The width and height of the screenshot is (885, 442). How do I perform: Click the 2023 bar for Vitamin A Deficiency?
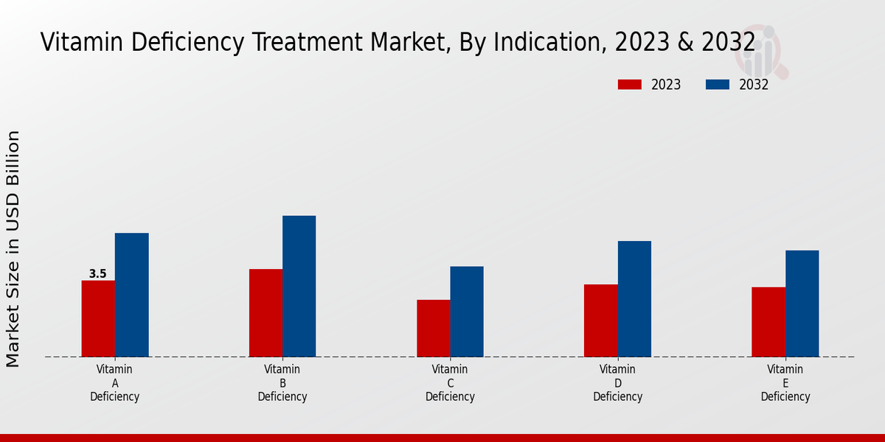tap(98, 318)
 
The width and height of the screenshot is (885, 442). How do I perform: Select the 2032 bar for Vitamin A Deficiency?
tap(131, 295)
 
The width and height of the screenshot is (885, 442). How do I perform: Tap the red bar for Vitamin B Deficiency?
tap(265, 312)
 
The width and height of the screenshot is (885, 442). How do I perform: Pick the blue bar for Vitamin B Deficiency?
tap(299, 286)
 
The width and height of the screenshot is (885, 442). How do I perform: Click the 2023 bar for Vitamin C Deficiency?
tap(433, 328)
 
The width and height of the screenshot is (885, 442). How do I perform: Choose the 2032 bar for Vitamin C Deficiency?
tap(467, 311)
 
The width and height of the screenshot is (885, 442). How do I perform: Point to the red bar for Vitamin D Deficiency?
tap(600, 320)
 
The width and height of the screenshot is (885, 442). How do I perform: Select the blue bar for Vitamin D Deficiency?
tap(634, 298)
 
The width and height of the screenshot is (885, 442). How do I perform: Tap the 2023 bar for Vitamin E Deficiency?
tap(768, 321)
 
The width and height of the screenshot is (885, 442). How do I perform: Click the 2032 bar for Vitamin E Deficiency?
tap(802, 304)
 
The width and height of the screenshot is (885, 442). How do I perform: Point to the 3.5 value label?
tap(97, 274)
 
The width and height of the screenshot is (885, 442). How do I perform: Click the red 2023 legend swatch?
tap(629, 85)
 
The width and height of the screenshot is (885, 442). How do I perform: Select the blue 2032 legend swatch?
tap(717, 85)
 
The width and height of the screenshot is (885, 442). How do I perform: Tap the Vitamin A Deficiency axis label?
tap(115, 383)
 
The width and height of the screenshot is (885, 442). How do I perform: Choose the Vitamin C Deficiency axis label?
tap(450, 383)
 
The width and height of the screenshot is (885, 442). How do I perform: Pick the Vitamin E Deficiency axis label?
tap(785, 383)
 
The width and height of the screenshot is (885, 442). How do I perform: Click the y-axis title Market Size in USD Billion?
tap(13, 248)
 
